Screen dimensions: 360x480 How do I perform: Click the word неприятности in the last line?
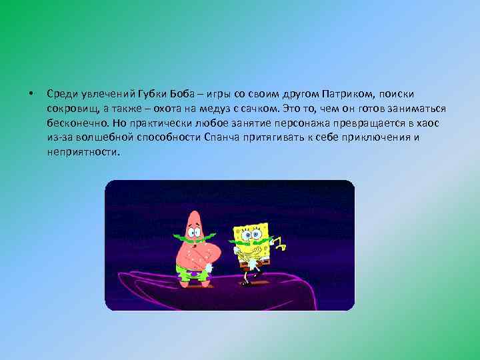point(83,152)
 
